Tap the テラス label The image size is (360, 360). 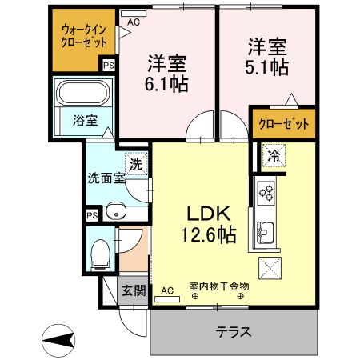pos(234,331)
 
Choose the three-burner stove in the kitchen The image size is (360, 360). pos(266,193)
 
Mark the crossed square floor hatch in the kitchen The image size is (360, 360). pos(270,270)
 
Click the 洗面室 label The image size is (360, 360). pos(106,178)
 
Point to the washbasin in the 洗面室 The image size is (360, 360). pos(117,212)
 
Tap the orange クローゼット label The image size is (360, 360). pos(282,124)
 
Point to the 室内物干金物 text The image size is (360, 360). pos(218,286)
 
